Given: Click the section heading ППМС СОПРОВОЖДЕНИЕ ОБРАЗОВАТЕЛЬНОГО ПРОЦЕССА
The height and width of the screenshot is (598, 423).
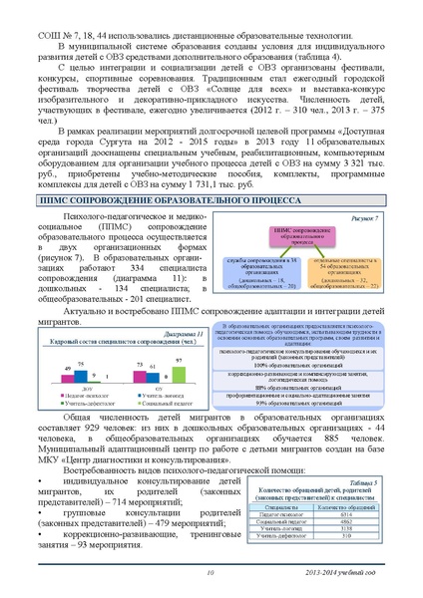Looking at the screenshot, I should [x=211, y=199].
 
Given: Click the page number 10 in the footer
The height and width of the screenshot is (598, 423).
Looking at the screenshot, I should [x=211, y=573].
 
